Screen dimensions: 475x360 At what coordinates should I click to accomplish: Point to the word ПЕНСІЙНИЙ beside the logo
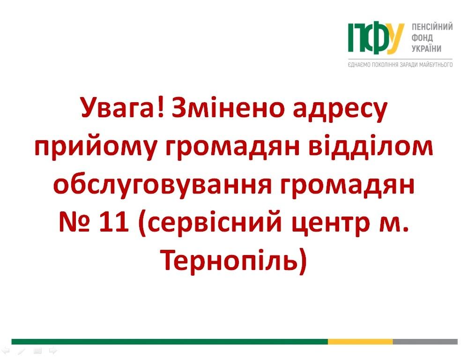click(x=432, y=27)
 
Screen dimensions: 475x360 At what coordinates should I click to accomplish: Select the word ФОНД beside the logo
click(x=422, y=38)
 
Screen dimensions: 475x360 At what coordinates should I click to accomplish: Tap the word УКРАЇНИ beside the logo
click(x=426, y=48)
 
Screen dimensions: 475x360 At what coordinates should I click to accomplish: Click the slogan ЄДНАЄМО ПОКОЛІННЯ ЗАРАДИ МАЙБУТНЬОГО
click(x=400, y=65)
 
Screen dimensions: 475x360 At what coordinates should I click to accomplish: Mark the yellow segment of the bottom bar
click(x=360, y=342)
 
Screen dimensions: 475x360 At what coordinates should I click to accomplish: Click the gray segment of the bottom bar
click(x=425, y=342)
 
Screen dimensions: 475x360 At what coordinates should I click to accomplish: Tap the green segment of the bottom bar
click(x=170, y=342)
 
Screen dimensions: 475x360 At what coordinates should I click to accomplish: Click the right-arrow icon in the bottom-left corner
click(x=53, y=351)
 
